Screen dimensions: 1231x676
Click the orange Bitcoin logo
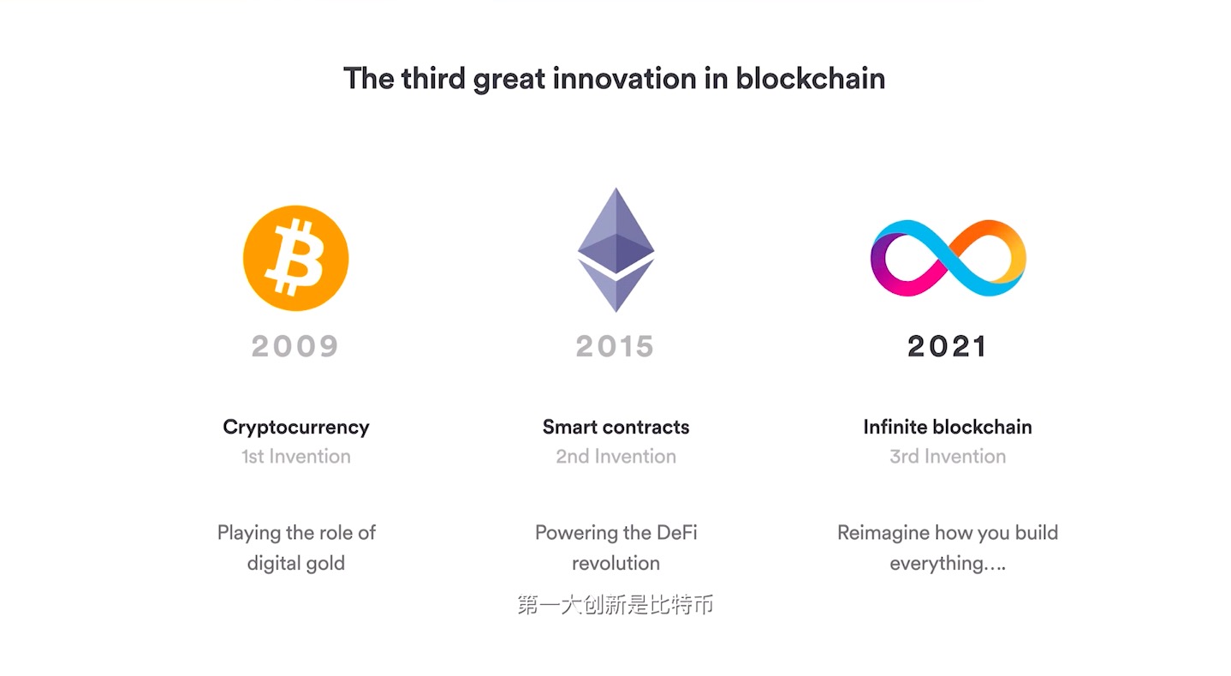[x=295, y=258]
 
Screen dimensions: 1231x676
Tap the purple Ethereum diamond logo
[x=615, y=249]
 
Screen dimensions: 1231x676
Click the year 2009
[x=294, y=346]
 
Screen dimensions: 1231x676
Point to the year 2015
[x=615, y=346]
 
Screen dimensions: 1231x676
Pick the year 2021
[x=948, y=346]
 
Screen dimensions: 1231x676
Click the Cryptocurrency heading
[x=295, y=428]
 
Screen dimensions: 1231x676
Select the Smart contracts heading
[x=615, y=427]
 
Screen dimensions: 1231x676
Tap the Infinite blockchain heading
[x=948, y=427]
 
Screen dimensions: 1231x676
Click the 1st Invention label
[x=295, y=457]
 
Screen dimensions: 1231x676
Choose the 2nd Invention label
[x=615, y=457]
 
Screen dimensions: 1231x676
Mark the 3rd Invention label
[x=948, y=457]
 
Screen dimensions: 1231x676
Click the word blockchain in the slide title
[x=810, y=78]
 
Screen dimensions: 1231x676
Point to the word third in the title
[x=434, y=78]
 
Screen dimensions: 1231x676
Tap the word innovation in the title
[x=625, y=78]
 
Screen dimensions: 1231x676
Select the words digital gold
[x=295, y=564]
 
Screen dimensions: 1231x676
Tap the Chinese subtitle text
[x=615, y=605]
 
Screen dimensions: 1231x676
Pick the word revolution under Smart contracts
[x=615, y=563]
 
